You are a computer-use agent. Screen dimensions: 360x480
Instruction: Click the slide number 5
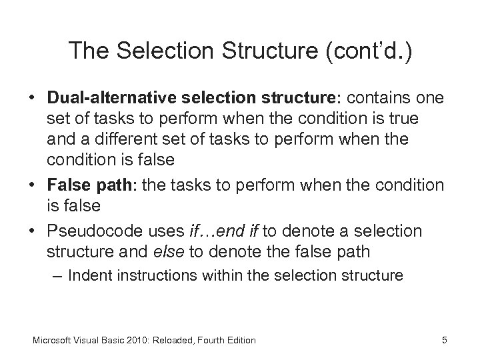(444, 340)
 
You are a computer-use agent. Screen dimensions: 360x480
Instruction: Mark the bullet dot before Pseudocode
(33, 231)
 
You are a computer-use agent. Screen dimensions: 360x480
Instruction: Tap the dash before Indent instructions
(58, 275)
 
